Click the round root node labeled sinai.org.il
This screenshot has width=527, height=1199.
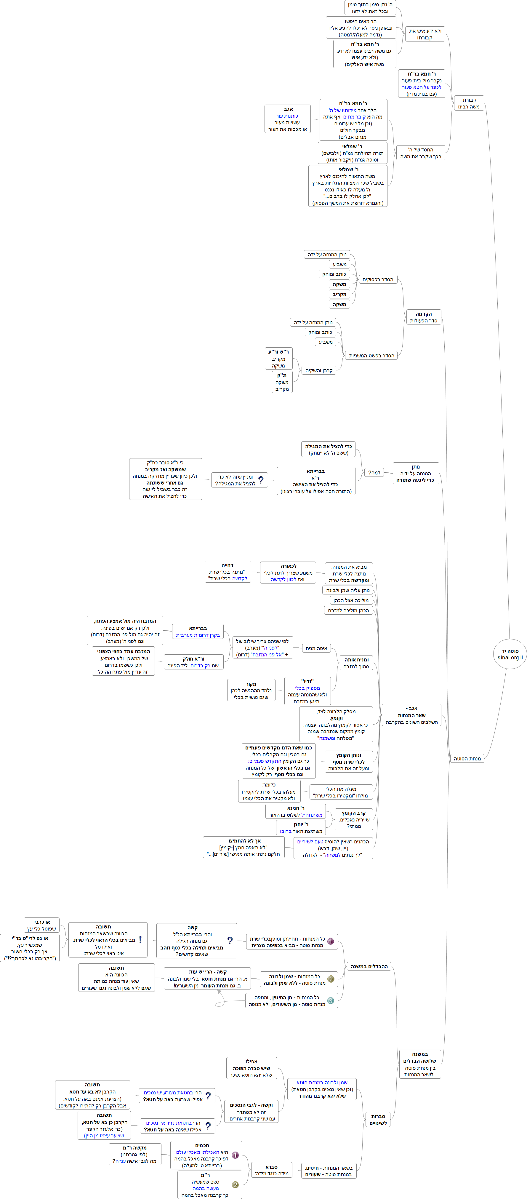(x=510, y=654)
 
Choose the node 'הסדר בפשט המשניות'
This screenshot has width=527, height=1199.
(x=371, y=356)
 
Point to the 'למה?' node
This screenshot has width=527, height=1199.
(x=374, y=472)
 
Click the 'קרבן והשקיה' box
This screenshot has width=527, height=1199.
(x=319, y=370)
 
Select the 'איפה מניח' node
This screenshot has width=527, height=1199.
(x=316, y=648)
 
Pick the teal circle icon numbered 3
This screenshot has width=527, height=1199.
(x=330, y=1000)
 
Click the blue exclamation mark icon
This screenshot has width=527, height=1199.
(x=140, y=940)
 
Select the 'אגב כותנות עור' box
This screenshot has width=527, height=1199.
(x=287, y=119)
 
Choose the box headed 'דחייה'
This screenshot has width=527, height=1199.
(x=228, y=572)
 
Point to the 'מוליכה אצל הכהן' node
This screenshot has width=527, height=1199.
(x=351, y=600)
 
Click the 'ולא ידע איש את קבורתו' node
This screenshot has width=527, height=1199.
(x=425, y=34)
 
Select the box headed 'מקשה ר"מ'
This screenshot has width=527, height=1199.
(x=135, y=1154)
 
